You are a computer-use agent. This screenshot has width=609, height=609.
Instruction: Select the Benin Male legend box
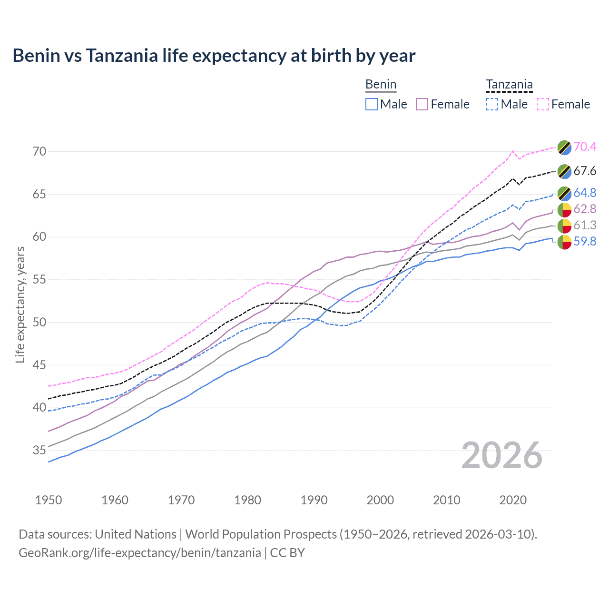point(372,104)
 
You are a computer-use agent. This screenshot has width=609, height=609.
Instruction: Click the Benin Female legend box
point(422,104)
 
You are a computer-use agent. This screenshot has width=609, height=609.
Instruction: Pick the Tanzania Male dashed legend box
point(492,104)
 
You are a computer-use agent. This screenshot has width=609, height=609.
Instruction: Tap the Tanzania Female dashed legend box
point(543,104)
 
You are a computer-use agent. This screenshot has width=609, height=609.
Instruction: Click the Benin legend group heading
point(381,85)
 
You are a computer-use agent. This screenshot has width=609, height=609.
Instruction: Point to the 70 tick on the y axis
point(39,152)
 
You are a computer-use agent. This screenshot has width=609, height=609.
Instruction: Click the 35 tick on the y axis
point(39,450)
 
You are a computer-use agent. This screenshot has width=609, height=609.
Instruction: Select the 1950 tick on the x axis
point(49,500)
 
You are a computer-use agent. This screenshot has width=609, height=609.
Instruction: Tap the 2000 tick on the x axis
point(380,500)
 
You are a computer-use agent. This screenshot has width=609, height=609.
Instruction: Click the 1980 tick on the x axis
point(247,500)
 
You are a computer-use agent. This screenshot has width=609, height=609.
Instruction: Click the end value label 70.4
point(585,147)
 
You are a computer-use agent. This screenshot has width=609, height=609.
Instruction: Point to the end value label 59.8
point(585,242)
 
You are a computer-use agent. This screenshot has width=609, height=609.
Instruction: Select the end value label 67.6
point(585,171)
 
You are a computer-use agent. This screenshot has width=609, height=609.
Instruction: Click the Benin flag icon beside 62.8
point(564,209)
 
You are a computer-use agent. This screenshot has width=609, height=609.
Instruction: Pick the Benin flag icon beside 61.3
point(564,226)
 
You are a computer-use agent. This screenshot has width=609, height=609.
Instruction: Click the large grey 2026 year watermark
point(502,455)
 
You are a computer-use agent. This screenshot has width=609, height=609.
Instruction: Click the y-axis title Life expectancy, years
point(20,304)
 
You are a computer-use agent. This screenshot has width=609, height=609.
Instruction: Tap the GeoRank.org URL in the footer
point(139,553)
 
